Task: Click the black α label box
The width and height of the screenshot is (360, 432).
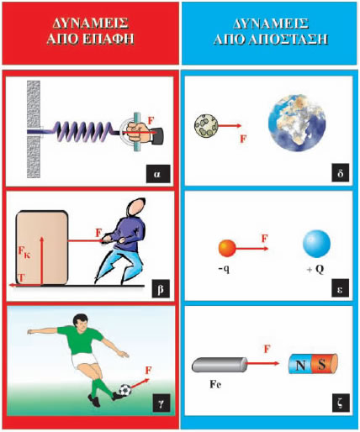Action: point(158,174)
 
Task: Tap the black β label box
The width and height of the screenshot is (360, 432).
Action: point(161,288)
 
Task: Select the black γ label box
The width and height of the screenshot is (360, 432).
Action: point(161,403)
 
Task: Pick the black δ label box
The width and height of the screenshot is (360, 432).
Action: point(341,172)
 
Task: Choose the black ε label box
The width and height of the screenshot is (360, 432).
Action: point(341,287)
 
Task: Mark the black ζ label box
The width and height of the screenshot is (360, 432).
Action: point(341,403)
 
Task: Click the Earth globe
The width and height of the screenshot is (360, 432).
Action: point(297,123)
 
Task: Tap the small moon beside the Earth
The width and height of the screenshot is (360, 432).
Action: point(206,126)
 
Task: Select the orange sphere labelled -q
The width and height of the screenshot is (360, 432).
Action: point(227,248)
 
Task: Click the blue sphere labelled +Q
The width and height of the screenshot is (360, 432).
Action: point(316,244)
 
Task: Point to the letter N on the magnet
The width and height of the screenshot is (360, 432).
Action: point(301,365)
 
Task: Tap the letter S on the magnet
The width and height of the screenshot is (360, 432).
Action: point(322,365)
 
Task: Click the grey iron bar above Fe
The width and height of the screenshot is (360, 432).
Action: point(220,365)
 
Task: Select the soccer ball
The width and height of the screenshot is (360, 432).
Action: point(125,390)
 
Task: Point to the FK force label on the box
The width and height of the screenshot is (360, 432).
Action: point(24,252)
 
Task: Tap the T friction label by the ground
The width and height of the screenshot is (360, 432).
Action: point(21,278)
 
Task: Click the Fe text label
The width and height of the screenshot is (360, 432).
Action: point(215,384)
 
